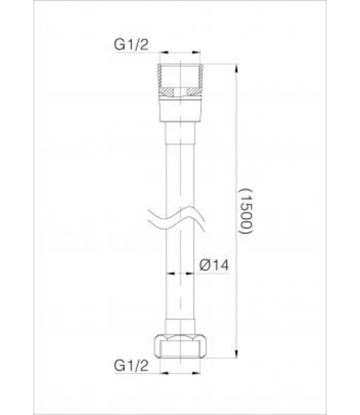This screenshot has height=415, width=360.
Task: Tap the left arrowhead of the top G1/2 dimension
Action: coord(163,53)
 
